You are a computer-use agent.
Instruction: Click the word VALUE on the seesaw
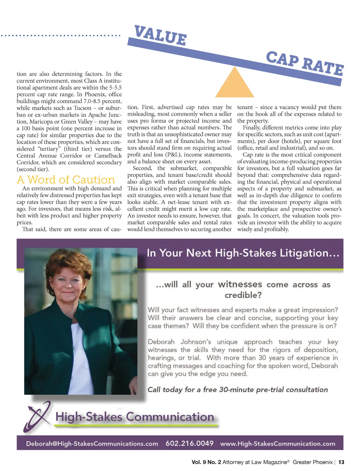[160, 36]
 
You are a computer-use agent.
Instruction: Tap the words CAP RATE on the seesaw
[304, 64]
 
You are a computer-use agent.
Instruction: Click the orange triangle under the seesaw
[234, 84]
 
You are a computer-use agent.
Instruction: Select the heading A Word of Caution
[66, 180]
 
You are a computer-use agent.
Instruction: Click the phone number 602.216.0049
[189, 443]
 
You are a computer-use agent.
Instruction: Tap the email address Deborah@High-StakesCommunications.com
[92, 444]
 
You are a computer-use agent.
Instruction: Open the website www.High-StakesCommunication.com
[278, 444]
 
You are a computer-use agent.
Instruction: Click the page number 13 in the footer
[341, 462]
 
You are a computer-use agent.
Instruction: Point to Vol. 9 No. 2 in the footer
[206, 462]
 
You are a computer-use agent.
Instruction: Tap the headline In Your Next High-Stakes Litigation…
[243, 253]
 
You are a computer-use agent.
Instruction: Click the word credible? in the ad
[243, 295]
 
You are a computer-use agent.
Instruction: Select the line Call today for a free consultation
[238, 390]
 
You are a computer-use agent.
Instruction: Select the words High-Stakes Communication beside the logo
[135, 417]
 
